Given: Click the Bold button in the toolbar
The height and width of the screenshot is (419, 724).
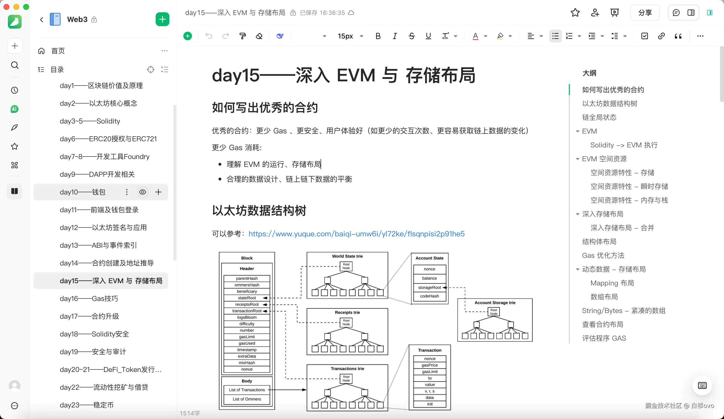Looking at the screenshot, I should pyautogui.click(x=378, y=36).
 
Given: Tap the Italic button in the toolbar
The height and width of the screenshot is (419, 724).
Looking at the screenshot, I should pyautogui.click(x=395, y=36).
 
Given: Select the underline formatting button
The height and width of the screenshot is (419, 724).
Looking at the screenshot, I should pyautogui.click(x=428, y=36).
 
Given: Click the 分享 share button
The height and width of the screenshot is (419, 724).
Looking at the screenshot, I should pyautogui.click(x=645, y=13).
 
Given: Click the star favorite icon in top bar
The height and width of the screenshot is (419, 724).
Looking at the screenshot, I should pyautogui.click(x=575, y=13).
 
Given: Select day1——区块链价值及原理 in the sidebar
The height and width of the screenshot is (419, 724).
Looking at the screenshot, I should pyautogui.click(x=101, y=86).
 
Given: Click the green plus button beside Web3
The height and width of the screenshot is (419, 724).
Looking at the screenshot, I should pyautogui.click(x=162, y=19).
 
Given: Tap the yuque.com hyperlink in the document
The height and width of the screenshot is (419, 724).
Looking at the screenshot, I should pyautogui.click(x=356, y=234).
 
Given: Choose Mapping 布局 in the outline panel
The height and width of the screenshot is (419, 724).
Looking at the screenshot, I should pyautogui.click(x=612, y=283).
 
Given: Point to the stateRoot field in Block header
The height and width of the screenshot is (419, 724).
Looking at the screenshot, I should pyautogui.click(x=247, y=298).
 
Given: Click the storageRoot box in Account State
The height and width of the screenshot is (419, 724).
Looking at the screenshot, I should pyautogui.click(x=429, y=288).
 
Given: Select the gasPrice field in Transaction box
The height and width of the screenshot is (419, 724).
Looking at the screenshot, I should pyautogui.click(x=429, y=365).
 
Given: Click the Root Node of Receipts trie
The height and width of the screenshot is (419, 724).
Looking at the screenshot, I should pyautogui.click(x=346, y=322).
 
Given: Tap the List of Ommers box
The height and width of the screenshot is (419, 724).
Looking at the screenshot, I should pyautogui.click(x=247, y=399).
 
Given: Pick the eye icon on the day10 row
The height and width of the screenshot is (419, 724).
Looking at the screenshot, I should pyautogui.click(x=143, y=192).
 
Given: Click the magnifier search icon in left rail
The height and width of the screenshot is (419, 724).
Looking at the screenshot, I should pyautogui.click(x=15, y=65).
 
